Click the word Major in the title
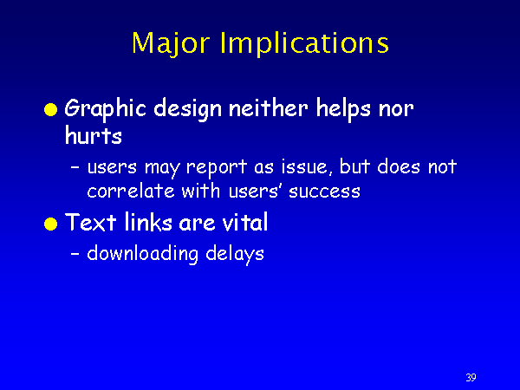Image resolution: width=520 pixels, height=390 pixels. coord(171,43)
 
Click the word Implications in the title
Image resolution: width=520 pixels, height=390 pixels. coord(304,43)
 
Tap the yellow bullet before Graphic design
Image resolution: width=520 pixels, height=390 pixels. coord(51,110)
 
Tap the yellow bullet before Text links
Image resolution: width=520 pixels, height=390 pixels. coord(51,224)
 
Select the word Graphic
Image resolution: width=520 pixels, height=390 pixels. coord(106,109)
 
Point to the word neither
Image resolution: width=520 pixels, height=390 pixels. coord(269,108)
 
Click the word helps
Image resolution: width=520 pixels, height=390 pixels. coord(343,109)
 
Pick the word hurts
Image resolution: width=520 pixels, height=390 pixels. coord(94,135)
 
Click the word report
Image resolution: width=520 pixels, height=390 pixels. coord(217,167)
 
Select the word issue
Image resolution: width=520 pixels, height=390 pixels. coord(308,166)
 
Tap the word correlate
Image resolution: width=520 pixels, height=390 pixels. coord(131,191)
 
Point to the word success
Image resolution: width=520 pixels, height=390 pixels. coord(324,192)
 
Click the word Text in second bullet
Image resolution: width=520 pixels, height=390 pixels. coord(90,222)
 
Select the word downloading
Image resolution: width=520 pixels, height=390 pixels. coord(143,254)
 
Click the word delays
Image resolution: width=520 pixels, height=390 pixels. coord(235,254)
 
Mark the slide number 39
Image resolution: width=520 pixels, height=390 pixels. coord(471,377)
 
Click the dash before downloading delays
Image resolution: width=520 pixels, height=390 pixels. coord(75,255)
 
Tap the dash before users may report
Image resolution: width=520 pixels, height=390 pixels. coord(75,168)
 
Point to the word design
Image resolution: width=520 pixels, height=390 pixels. coord(188,109)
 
